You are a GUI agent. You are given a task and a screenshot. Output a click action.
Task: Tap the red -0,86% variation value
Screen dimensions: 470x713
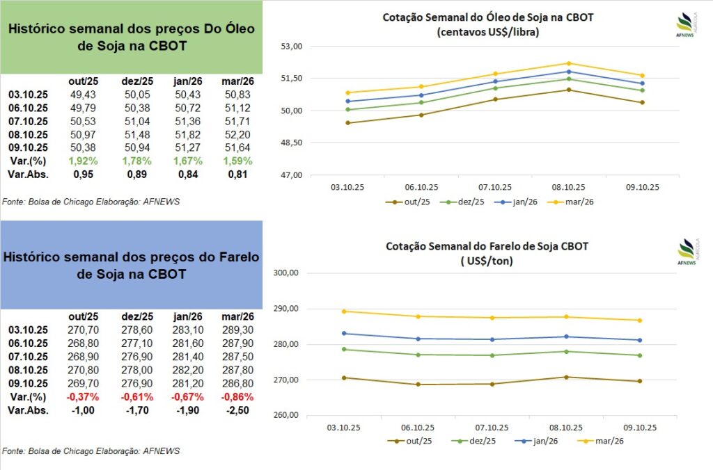tap(235, 397)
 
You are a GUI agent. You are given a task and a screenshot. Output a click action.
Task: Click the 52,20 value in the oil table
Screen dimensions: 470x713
tap(235, 134)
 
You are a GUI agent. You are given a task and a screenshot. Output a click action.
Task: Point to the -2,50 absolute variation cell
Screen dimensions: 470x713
tap(235, 410)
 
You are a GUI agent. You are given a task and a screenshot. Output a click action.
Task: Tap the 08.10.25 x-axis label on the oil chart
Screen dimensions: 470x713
tap(568, 187)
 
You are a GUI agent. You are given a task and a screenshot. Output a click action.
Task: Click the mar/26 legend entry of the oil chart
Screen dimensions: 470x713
tap(575, 202)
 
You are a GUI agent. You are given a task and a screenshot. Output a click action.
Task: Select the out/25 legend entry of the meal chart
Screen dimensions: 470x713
tap(411, 441)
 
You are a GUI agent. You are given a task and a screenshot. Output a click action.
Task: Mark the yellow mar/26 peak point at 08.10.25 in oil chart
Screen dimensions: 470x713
tap(568, 63)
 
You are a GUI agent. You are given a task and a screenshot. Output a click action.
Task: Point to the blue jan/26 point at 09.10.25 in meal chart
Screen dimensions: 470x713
tap(639, 340)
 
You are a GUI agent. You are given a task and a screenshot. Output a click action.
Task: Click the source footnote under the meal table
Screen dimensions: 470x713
tap(91, 451)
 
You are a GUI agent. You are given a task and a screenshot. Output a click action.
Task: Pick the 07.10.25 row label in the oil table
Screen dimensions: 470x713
tap(28, 121)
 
